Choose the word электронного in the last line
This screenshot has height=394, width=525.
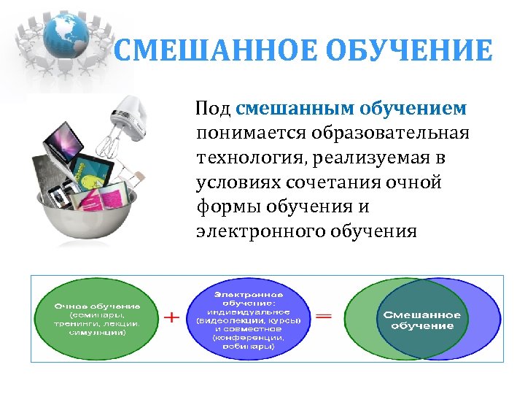[x=265, y=232]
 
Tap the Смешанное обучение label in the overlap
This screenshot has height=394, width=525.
[x=422, y=320]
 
